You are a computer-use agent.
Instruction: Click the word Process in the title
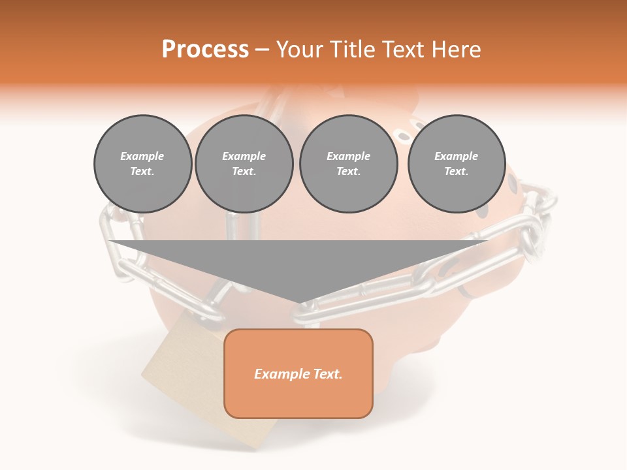coord(205,50)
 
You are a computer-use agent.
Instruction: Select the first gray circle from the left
coord(142,164)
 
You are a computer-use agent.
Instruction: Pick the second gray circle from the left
coord(244,164)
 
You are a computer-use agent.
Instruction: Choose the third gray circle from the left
coord(348,164)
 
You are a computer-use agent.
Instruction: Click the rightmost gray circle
coord(456,164)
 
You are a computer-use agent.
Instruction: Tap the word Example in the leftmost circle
coord(142,156)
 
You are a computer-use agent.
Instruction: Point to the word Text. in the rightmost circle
coord(456,172)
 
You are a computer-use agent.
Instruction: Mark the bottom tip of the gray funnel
coord(298,302)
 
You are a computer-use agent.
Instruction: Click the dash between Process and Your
coord(262,50)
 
